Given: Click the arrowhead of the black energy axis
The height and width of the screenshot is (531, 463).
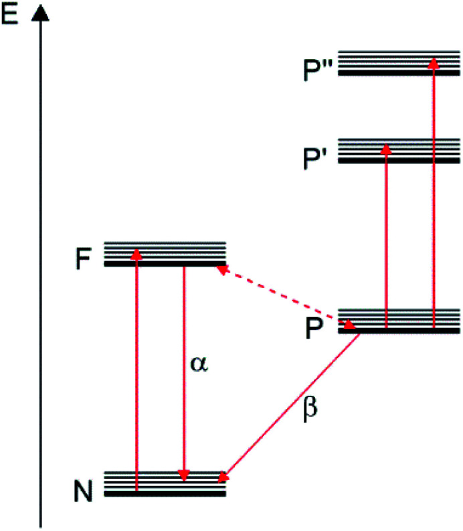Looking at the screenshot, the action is click(41, 13).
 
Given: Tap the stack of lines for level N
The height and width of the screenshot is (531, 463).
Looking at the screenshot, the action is click(165, 483).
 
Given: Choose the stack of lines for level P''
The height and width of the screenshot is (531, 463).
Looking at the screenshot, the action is click(399, 62).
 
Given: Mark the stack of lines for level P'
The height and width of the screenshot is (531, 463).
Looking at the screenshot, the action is click(399, 151).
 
